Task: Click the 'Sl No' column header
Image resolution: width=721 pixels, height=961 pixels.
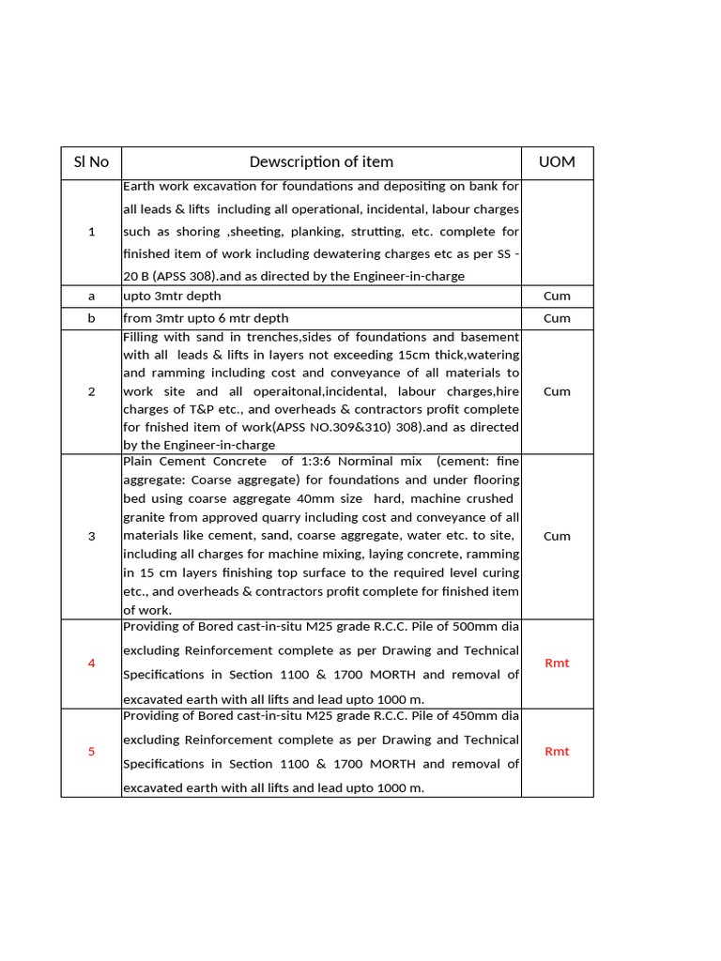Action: coord(91,162)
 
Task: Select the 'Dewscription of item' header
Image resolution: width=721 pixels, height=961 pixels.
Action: coord(321,162)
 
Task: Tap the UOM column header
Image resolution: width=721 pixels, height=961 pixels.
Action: coord(557,162)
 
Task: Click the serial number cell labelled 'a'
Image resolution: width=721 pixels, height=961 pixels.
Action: coord(91,296)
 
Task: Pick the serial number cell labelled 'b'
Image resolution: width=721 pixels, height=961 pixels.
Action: coord(91,318)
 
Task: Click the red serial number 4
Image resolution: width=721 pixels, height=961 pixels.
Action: coord(91,664)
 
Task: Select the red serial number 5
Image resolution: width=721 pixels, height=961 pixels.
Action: coord(91,752)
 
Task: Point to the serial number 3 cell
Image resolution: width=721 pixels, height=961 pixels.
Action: coord(91,536)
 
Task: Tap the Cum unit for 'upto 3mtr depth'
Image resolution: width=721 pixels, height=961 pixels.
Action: coord(557,296)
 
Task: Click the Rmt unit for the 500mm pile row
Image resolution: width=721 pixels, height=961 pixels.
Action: coord(557,664)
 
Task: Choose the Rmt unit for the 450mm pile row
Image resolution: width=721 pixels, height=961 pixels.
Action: coord(557,752)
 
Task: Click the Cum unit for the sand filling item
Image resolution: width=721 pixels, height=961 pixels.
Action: coord(557,391)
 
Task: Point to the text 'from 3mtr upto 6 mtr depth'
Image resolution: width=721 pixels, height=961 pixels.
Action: coord(206,318)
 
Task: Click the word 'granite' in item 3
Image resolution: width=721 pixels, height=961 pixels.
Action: coord(144,517)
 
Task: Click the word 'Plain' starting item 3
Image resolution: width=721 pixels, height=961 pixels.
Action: coord(138,461)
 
